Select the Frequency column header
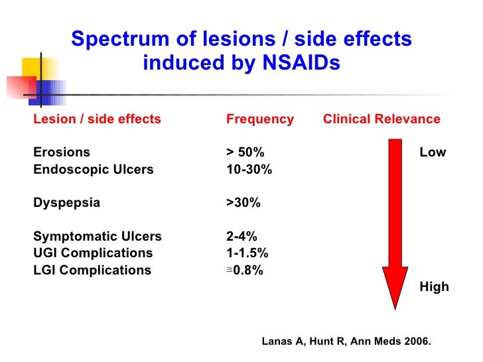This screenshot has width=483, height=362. click(259, 119)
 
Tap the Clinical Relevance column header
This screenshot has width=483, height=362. click(381, 119)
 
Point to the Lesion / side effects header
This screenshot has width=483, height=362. click(97, 119)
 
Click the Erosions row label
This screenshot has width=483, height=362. click(62, 152)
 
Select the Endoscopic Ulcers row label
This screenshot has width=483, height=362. click(93, 169)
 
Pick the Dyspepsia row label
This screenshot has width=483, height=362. click(66, 203)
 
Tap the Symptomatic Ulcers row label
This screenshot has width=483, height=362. click(97, 237)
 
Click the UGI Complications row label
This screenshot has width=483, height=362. click(93, 253)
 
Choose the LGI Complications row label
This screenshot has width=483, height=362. click(92, 270)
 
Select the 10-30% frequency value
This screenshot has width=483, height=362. click(249, 169)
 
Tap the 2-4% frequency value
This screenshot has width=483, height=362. click(241, 237)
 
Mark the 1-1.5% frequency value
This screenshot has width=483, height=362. click(247, 253)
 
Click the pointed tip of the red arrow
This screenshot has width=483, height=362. click(395, 307)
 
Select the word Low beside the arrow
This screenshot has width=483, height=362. click(433, 152)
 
